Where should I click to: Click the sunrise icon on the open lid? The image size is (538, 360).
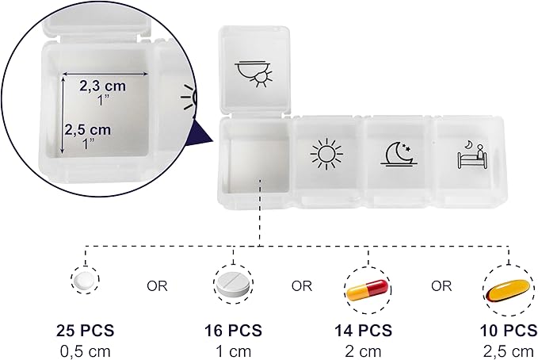[254, 74]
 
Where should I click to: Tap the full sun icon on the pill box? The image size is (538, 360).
[326, 154]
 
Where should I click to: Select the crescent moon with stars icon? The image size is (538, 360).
[399, 154]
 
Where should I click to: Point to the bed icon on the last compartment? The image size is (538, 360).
[472, 155]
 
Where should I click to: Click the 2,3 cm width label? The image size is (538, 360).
[102, 86]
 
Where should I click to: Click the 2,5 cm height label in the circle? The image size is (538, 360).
[88, 129]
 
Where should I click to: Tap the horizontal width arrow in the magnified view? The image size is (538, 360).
[105, 74]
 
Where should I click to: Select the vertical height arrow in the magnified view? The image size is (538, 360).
[63, 115]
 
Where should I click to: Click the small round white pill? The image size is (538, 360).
[85, 280]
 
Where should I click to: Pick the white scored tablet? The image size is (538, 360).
[233, 285]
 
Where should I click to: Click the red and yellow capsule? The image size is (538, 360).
[368, 289]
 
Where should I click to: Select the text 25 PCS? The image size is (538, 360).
[85, 331]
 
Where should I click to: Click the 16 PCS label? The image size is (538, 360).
[233, 331]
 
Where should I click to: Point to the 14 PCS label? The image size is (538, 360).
[364, 331]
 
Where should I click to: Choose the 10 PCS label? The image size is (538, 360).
[509, 331]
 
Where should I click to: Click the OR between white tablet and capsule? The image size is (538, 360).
[302, 285]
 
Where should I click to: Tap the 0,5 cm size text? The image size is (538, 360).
[86, 352]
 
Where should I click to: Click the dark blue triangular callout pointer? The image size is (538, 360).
[201, 132]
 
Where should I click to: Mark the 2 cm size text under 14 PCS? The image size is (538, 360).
[364, 352]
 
